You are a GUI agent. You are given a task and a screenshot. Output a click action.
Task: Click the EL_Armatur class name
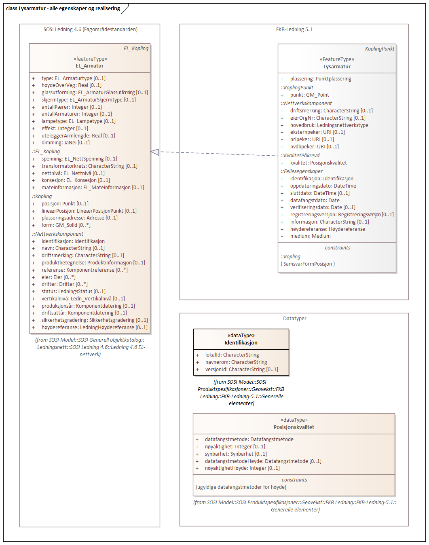pyautogui.click(x=89, y=66)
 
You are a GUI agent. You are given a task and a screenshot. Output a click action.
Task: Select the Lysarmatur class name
pyautogui.click(x=337, y=67)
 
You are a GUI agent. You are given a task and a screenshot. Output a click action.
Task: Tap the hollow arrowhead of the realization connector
pyautogui.click(x=155, y=152)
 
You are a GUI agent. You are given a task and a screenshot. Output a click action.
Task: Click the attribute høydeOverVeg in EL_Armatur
pyautogui.click(x=71, y=85)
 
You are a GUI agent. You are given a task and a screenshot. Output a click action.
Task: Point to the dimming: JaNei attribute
pyautogui.click(x=66, y=143)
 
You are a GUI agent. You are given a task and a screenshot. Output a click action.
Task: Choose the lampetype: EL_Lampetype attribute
pyautogui.click(x=78, y=121)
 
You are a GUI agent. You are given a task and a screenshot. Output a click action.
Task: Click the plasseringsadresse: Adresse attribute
pyautogui.click(x=79, y=218)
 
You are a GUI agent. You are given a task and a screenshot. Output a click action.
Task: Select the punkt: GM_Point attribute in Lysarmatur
pyautogui.click(x=309, y=95)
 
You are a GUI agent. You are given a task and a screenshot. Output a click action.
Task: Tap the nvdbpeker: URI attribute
pyautogui.click(x=314, y=147)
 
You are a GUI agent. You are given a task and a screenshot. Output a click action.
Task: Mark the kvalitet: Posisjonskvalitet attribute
pyautogui.click(x=318, y=163)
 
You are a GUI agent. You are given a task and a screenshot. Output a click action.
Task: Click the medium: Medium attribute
pyautogui.click(x=310, y=236)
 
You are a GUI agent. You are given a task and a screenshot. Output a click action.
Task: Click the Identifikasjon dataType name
pyautogui.click(x=241, y=343)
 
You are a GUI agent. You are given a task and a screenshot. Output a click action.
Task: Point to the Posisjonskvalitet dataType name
pyautogui.click(x=294, y=427)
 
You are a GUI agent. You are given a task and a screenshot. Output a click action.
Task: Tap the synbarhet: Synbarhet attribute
pyautogui.click(x=236, y=454)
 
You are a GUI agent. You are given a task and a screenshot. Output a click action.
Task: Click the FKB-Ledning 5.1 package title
pyautogui.click(x=294, y=30)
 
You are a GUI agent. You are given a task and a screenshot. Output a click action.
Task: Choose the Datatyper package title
pyautogui.click(x=295, y=319)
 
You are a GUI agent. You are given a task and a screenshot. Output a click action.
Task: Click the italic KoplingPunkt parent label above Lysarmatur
pyautogui.click(x=380, y=49)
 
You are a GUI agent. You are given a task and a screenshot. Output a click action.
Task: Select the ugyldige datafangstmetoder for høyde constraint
pyautogui.click(x=241, y=487)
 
